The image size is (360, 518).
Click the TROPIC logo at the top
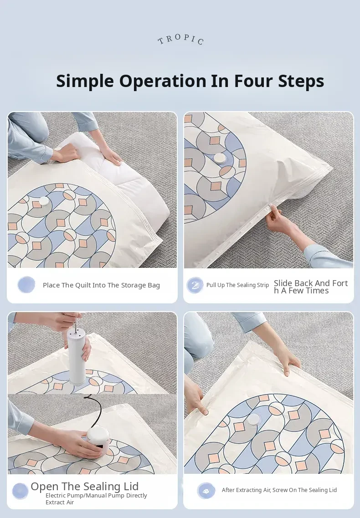(x=180, y=39)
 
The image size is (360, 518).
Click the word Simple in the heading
(x=85, y=81)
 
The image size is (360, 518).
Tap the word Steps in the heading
(x=301, y=81)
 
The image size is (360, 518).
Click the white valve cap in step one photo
(x=44, y=201)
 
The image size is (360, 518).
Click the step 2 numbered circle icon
(x=195, y=285)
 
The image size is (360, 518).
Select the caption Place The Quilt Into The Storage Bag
(x=101, y=285)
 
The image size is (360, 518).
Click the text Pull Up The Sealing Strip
(x=237, y=285)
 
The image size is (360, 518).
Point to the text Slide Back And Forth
(x=311, y=287)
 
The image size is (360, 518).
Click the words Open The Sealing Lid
(x=85, y=486)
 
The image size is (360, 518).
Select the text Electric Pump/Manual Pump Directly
(x=96, y=495)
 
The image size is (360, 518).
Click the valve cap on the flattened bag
(x=254, y=420)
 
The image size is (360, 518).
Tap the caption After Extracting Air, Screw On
(x=279, y=490)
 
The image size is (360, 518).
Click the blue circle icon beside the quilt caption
(x=26, y=285)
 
